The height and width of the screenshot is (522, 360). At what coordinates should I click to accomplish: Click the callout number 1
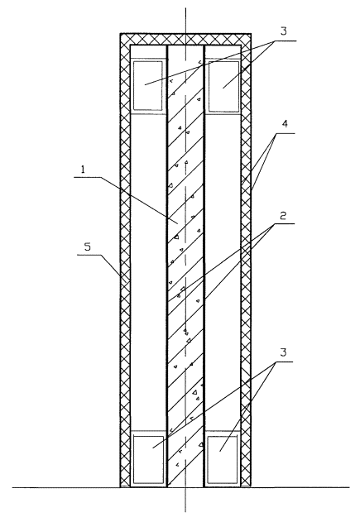[x=84, y=170]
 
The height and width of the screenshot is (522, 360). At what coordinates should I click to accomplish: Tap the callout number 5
[x=87, y=247]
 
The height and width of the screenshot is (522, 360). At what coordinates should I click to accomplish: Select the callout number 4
[x=285, y=124]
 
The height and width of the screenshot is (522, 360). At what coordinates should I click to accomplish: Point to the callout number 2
[x=283, y=215]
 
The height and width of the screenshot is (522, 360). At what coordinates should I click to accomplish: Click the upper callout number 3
[x=283, y=31]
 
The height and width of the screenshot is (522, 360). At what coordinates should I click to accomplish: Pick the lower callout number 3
[x=283, y=352]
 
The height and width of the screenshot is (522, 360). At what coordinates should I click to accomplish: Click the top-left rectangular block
[x=148, y=85]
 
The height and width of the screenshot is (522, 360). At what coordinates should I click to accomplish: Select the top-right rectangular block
[x=223, y=86]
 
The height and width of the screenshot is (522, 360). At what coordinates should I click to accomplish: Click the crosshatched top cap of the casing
[x=185, y=39]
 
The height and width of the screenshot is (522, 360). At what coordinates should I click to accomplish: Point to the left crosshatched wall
[x=125, y=260]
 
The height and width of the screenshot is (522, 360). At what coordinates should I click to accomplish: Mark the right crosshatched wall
[x=246, y=260]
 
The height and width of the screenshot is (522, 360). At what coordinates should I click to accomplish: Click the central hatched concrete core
[x=185, y=266]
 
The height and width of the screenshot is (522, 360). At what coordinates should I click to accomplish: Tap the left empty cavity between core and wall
[x=148, y=272]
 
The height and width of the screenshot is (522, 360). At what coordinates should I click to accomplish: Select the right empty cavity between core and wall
[x=223, y=272]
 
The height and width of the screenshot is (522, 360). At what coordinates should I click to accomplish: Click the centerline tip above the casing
[x=185, y=7]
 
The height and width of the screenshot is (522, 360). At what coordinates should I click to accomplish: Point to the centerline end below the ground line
[x=185, y=512]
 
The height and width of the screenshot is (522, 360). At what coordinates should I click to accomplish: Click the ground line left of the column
[x=66, y=488]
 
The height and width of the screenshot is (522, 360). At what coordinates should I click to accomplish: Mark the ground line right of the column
[x=300, y=488]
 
